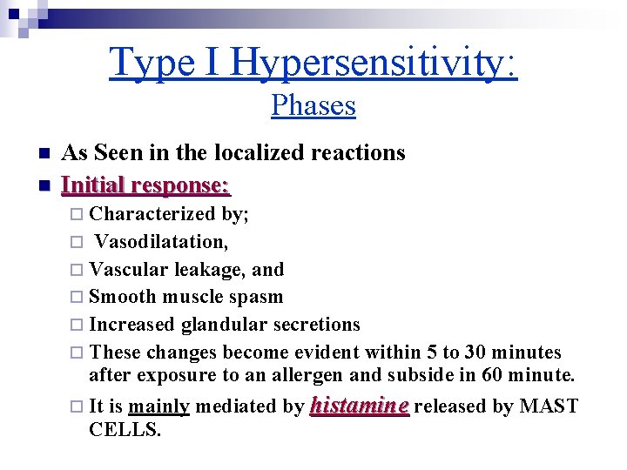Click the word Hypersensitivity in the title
(x=374, y=63)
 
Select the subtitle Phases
(x=313, y=106)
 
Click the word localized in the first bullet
(x=255, y=153)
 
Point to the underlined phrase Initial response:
(x=145, y=185)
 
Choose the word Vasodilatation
(x=160, y=241)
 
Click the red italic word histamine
(x=360, y=406)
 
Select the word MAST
(x=548, y=406)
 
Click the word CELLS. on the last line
(x=125, y=430)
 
